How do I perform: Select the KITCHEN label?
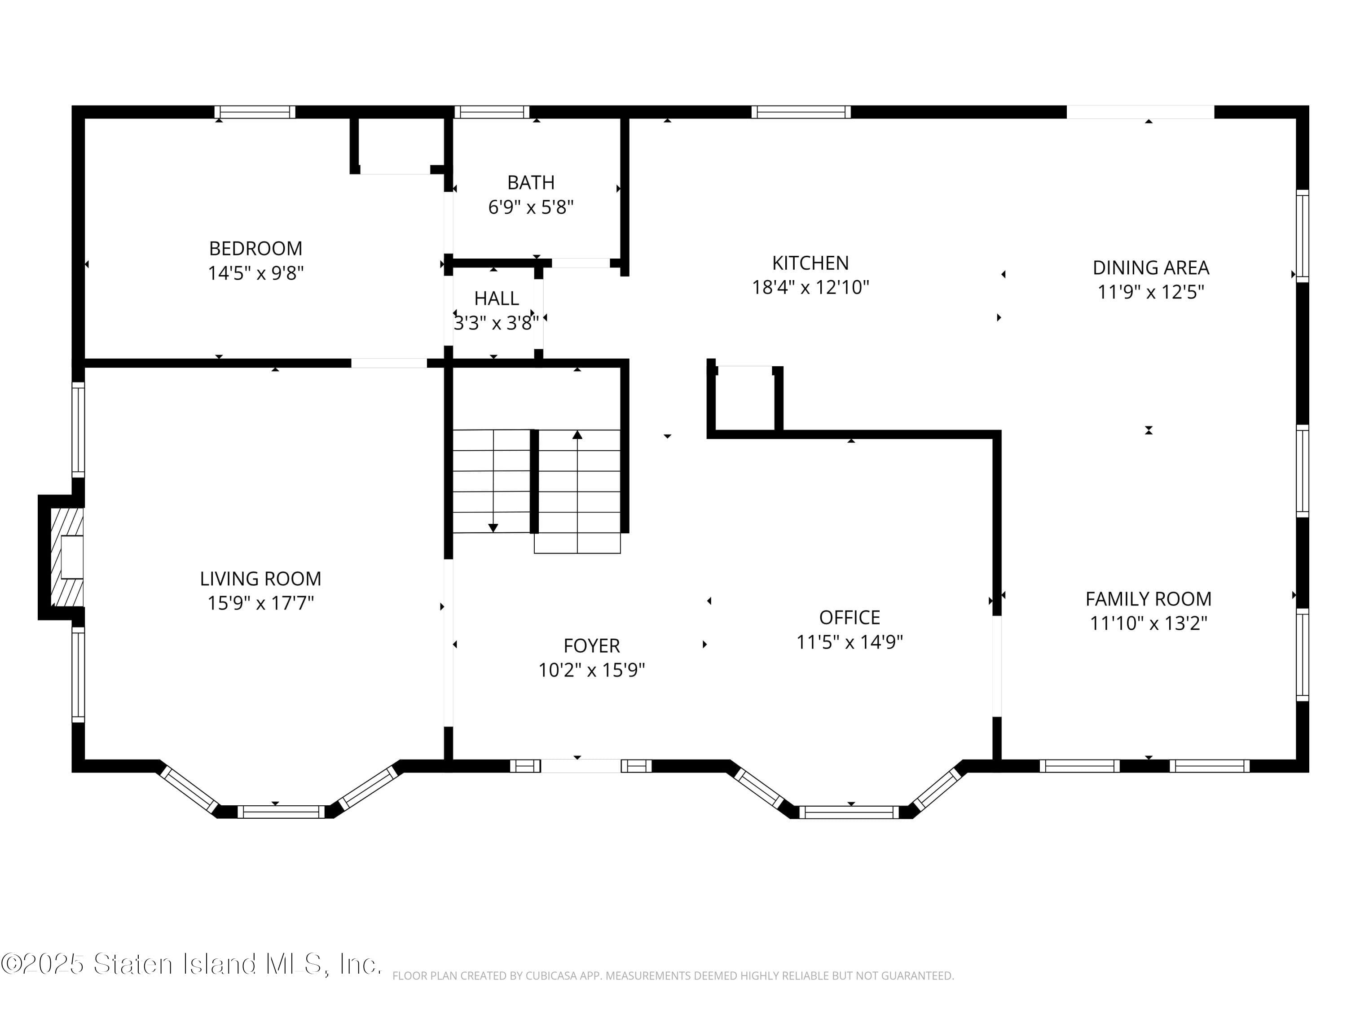[810, 263]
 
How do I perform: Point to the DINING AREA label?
[1150, 268]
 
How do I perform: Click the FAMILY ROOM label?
[1148, 599]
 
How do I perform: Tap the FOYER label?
[591, 646]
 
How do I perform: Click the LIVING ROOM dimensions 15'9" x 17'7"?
[260, 603]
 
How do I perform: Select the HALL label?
[496, 299]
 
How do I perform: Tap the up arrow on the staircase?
[577, 435]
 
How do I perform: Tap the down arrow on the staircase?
[493, 528]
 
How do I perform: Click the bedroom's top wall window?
[255, 112]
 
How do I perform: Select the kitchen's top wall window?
[801, 112]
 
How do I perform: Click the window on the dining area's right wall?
[1302, 236]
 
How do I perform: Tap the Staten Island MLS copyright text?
[191, 964]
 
